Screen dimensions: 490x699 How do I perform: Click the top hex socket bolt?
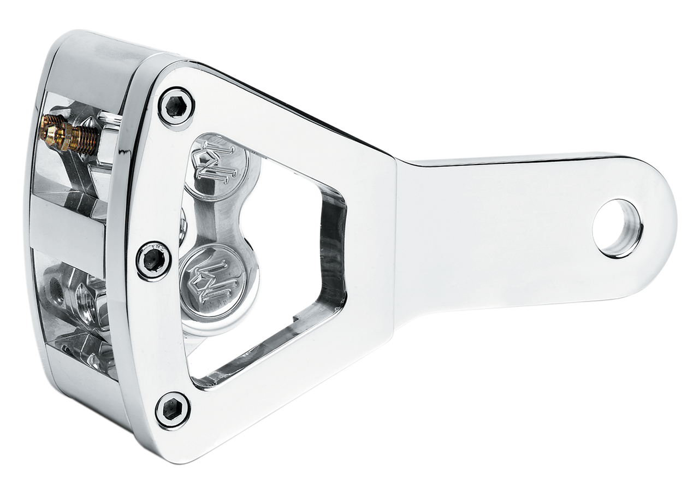coord(176,107)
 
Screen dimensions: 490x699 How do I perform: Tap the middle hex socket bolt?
coord(153,261)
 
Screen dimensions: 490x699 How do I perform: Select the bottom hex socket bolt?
coord(173,409)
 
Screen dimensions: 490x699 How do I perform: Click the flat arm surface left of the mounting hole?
coord(491,229)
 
